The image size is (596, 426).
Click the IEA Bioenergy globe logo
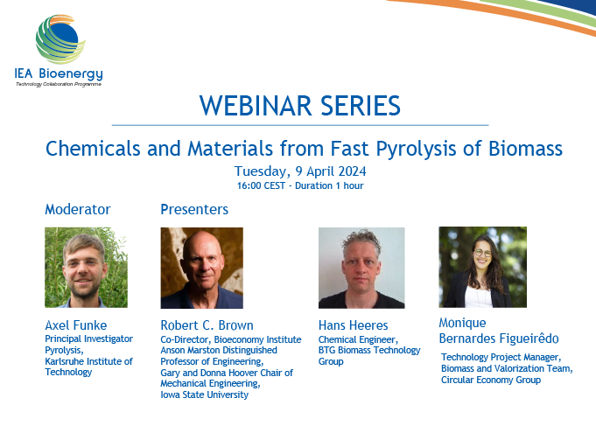[x=60, y=39]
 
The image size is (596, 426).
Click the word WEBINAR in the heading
[x=255, y=106]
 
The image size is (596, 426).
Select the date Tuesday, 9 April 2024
[x=300, y=171]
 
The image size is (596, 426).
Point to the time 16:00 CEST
[x=261, y=185]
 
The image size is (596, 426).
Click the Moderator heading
[x=78, y=209]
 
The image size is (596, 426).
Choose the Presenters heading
[x=194, y=209]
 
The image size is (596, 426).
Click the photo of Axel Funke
[x=87, y=268]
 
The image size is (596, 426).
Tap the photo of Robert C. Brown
[x=202, y=268]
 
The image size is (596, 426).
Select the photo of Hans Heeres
[x=361, y=268]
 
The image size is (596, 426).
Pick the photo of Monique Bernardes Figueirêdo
[x=483, y=267]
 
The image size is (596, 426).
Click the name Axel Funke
[x=76, y=325]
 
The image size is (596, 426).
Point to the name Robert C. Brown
[x=207, y=325]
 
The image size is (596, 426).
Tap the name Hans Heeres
[x=353, y=325]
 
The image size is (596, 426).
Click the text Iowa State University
[x=205, y=395]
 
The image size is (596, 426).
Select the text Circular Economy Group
[x=491, y=380]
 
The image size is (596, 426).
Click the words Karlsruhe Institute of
[x=88, y=361]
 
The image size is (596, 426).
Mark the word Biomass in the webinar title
[x=525, y=149]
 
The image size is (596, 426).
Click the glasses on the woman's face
[x=482, y=252]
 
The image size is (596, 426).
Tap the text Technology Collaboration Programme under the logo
[x=59, y=84]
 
